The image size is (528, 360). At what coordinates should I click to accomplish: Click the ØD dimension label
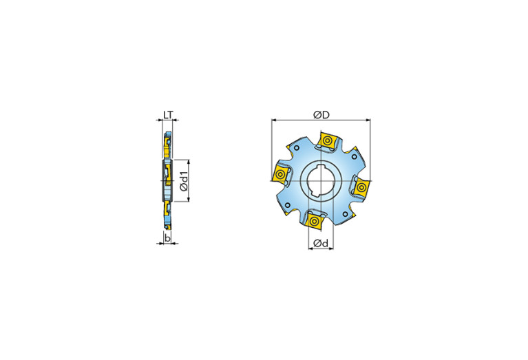321,113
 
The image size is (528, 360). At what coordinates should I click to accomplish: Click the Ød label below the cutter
320,243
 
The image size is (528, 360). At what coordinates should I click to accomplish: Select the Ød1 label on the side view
184,180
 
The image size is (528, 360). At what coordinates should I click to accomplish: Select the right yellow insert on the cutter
361,187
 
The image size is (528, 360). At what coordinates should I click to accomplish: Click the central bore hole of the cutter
321,181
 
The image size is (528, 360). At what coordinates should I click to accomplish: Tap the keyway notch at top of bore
321,166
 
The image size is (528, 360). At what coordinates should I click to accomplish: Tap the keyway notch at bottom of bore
321,198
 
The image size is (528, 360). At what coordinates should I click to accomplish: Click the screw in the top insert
328,142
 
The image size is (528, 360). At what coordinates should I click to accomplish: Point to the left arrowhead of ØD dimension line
273,120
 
